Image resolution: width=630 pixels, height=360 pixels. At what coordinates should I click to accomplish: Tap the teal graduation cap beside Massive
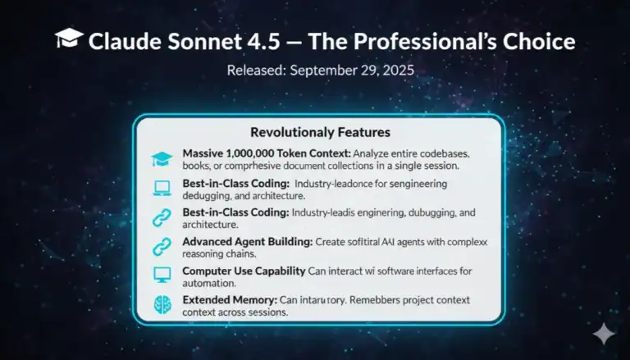pyautogui.click(x=161, y=159)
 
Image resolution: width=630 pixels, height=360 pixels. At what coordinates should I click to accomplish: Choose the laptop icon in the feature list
pyautogui.click(x=161, y=189)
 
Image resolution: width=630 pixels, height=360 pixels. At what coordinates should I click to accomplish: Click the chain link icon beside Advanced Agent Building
pyautogui.click(x=161, y=247)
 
